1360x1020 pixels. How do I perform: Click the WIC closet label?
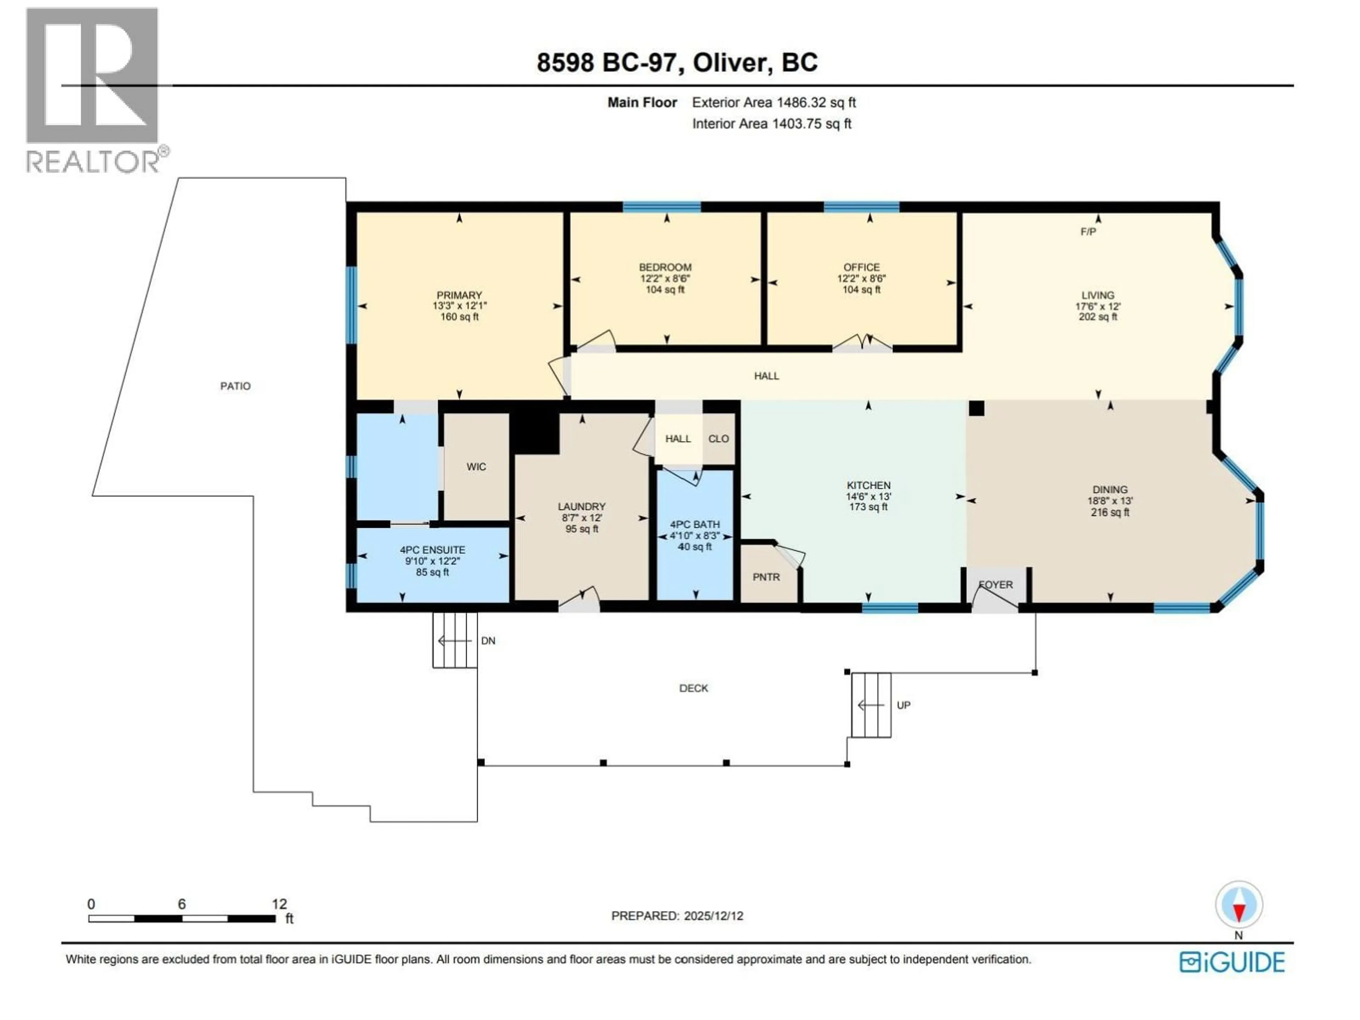476,467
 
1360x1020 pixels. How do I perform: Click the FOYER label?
996,585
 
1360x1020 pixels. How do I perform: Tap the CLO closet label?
718,439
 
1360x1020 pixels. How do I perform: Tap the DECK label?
693,688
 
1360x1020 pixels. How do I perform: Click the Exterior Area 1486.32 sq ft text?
773,103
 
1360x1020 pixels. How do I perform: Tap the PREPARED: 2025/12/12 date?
677,916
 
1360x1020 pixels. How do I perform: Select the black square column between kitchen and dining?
976,409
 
